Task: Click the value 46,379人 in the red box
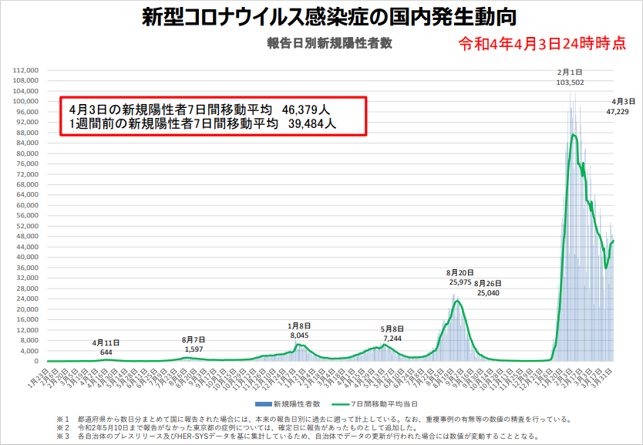[308, 110]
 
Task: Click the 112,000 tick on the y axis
[26, 70]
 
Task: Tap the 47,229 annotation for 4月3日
[618, 112]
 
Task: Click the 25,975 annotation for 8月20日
[460, 282]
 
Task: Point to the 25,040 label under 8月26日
[488, 293]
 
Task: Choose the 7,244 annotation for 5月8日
[393, 339]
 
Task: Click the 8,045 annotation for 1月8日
[299, 335]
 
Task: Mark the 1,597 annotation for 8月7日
[194, 349]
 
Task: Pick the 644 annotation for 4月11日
[106, 352]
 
